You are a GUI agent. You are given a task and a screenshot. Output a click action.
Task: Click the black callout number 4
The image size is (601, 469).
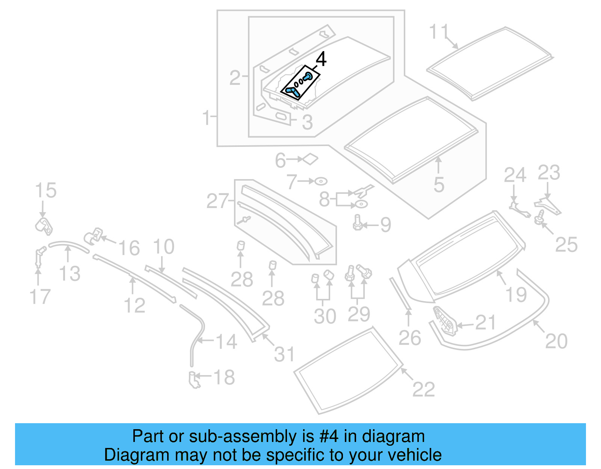click(321, 59)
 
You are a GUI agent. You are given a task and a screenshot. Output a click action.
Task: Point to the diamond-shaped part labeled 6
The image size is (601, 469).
click(311, 159)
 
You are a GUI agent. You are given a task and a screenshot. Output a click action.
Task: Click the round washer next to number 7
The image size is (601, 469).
click(321, 181)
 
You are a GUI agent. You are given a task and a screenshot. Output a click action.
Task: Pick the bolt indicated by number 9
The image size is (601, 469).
click(357, 223)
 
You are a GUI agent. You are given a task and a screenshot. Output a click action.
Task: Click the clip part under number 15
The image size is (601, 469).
click(44, 225)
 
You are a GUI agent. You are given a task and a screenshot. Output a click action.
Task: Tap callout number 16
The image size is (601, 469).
click(129, 248)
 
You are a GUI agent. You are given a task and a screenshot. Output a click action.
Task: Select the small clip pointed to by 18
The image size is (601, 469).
click(194, 380)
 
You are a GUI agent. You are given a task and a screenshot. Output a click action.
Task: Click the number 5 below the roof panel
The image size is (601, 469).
click(438, 185)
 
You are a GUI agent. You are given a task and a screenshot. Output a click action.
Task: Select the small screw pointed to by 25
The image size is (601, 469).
click(540, 217)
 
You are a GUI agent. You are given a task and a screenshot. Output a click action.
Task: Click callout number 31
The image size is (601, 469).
click(284, 354)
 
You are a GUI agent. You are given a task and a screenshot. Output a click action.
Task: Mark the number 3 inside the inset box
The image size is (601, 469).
click(307, 122)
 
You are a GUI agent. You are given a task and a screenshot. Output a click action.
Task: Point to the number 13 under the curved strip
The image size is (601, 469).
click(70, 274)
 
